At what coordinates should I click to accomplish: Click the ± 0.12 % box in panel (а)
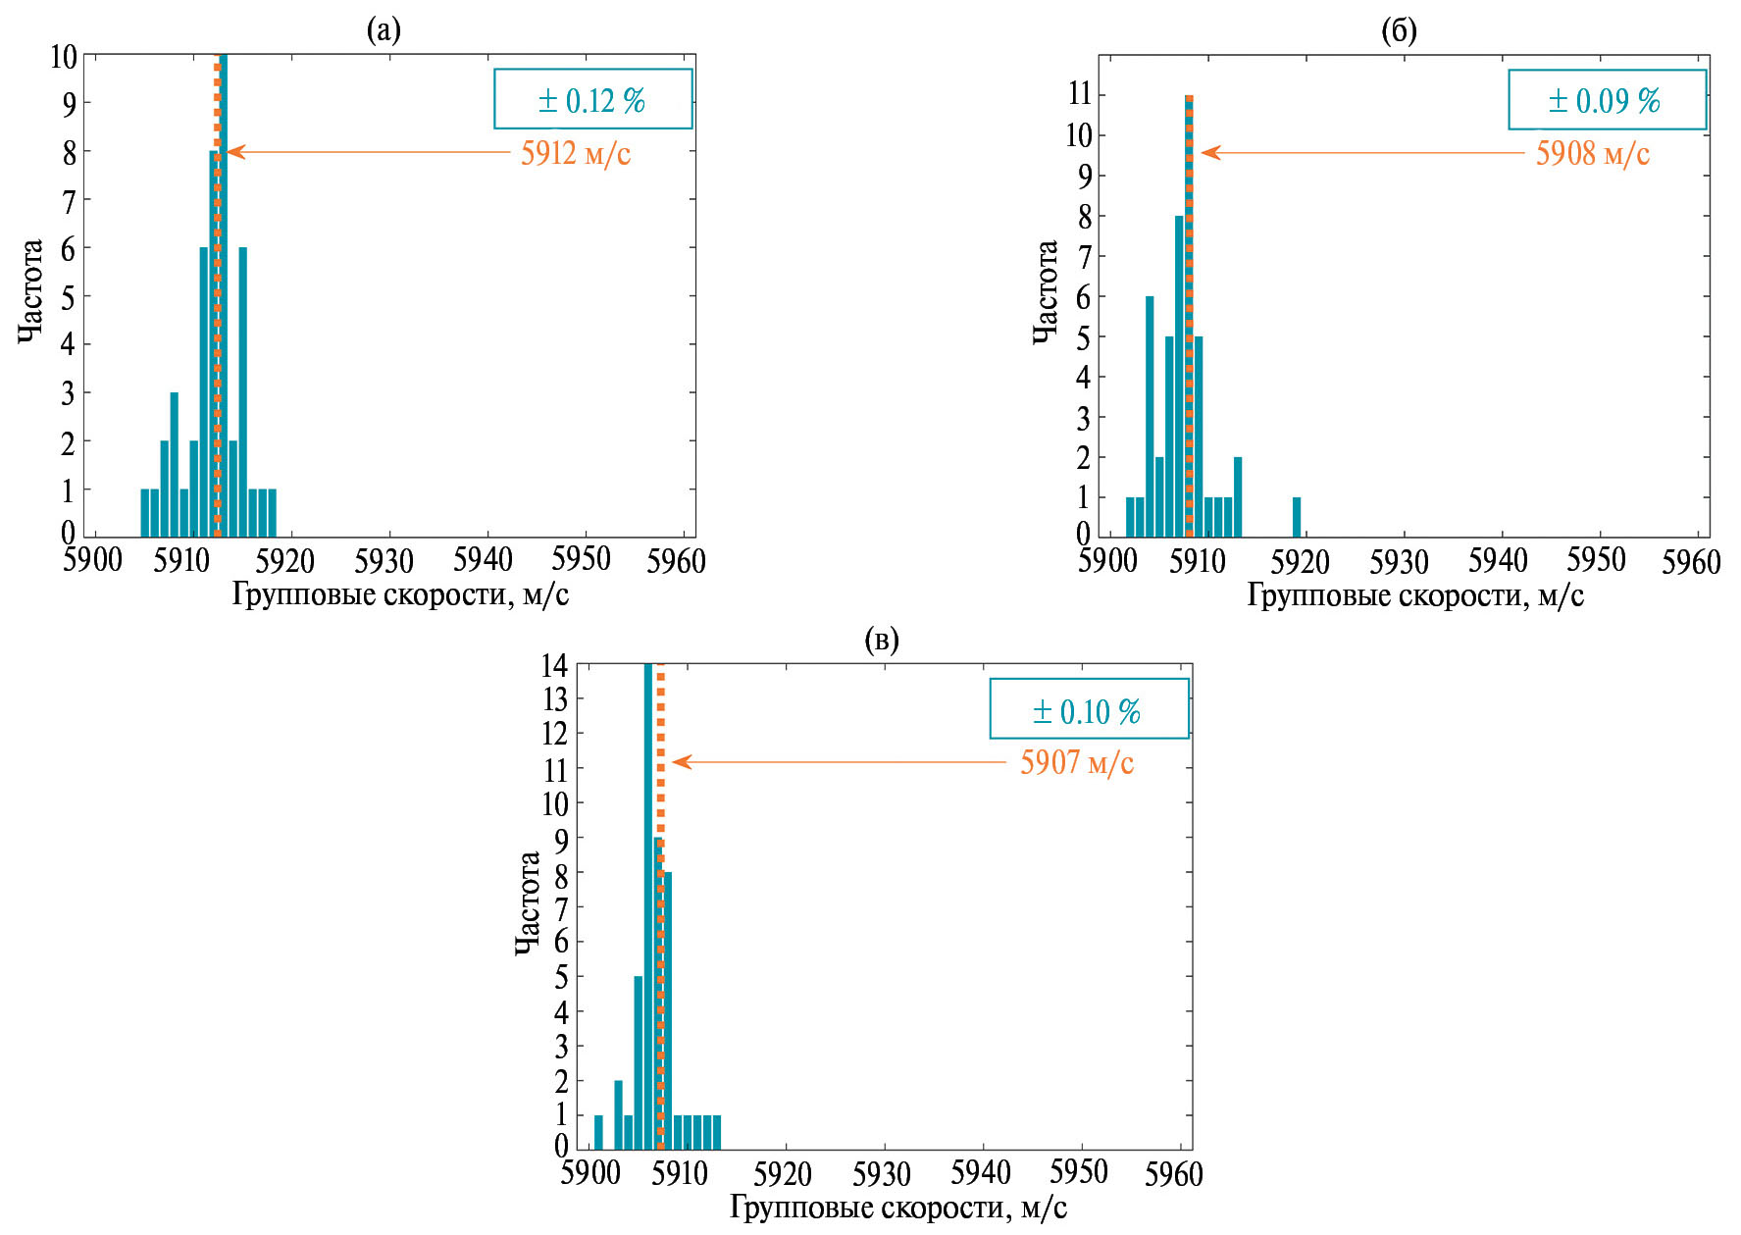click(592, 99)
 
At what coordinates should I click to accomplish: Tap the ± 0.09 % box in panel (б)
click(1606, 99)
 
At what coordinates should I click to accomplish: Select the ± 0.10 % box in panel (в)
click(1088, 709)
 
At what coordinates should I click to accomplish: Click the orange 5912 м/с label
click(576, 153)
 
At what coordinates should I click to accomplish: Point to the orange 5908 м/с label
click(1593, 153)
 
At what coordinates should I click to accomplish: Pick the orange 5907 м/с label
click(1077, 762)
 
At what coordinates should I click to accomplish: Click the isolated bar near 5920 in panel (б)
click(1297, 517)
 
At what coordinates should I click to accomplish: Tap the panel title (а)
click(384, 31)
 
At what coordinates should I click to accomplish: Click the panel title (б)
click(1399, 31)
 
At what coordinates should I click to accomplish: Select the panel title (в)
click(881, 641)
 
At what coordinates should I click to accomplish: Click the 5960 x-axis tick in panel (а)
click(676, 561)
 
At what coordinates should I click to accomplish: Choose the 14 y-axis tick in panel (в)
click(554, 665)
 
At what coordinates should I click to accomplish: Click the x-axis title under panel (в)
click(897, 1208)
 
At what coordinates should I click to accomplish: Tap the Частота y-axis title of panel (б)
click(1046, 292)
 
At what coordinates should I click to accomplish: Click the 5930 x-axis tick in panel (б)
click(1399, 561)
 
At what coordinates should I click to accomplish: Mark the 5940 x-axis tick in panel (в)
click(981, 1172)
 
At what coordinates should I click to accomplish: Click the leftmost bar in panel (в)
click(598, 1131)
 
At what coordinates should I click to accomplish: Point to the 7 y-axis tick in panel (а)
click(69, 202)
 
